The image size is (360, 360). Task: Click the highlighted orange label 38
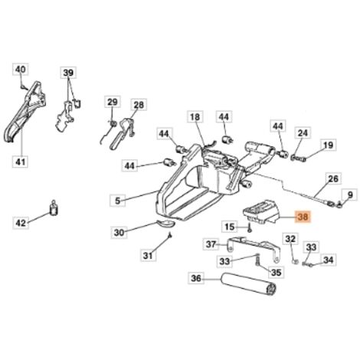click(x=303, y=218)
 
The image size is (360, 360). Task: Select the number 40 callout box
click(x=21, y=69)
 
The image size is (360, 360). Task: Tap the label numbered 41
click(x=21, y=162)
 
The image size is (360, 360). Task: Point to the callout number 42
click(x=21, y=223)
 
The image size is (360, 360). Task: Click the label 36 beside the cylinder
click(x=196, y=278)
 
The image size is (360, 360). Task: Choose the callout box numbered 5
click(x=118, y=201)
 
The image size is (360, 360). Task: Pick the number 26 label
click(x=333, y=178)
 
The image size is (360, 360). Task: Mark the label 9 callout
click(x=350, y=195)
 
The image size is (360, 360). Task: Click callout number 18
click(x=195, y=117)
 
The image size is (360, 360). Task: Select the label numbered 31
click(x=149, y=255)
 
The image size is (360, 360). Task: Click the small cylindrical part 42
click(x=54, y=208)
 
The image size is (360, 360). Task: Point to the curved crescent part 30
click(x=165, y=223)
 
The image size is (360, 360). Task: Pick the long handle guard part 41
click(x=25, y=111)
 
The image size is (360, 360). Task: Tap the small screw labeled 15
click(x=250, y=227)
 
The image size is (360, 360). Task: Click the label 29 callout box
click(x=113, y=102)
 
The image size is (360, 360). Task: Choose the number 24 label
click(x=303, y=133)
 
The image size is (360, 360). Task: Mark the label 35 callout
click(x=276, y=272)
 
